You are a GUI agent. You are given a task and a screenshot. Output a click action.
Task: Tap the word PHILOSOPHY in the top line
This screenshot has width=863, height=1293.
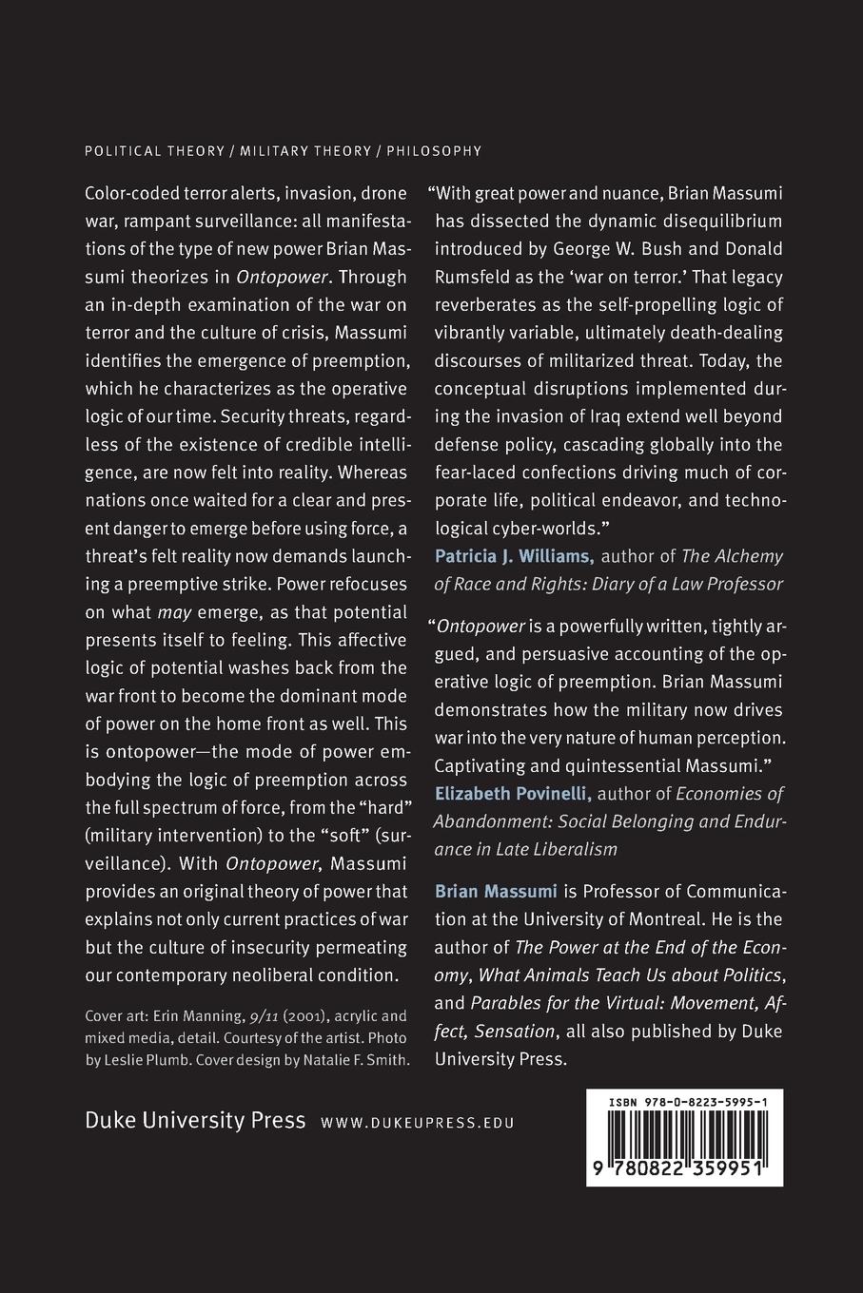pos(435,150)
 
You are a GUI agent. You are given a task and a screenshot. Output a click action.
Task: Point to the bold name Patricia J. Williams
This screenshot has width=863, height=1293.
pos(514,556)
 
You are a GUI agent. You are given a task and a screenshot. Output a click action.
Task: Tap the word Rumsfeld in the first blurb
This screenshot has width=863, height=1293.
pos(476,277)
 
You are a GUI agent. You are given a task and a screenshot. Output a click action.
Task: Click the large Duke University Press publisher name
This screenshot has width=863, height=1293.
pos(195,1120)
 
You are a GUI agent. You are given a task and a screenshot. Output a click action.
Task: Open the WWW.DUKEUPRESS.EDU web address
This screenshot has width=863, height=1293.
pos(418,1123)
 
